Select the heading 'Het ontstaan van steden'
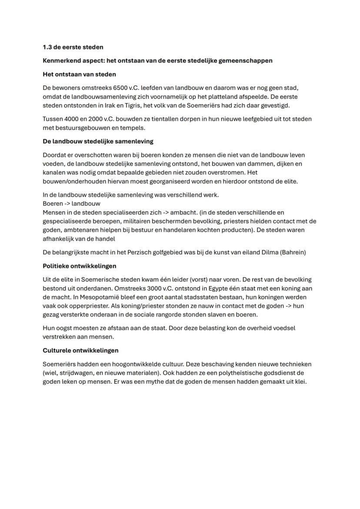(x=79, y=74)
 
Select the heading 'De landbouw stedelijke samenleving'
(x=98, y=141)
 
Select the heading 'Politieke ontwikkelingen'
(x=79, y=266)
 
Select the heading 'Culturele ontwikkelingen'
(x=80, y=350)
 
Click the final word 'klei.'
(x=300, y=382)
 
